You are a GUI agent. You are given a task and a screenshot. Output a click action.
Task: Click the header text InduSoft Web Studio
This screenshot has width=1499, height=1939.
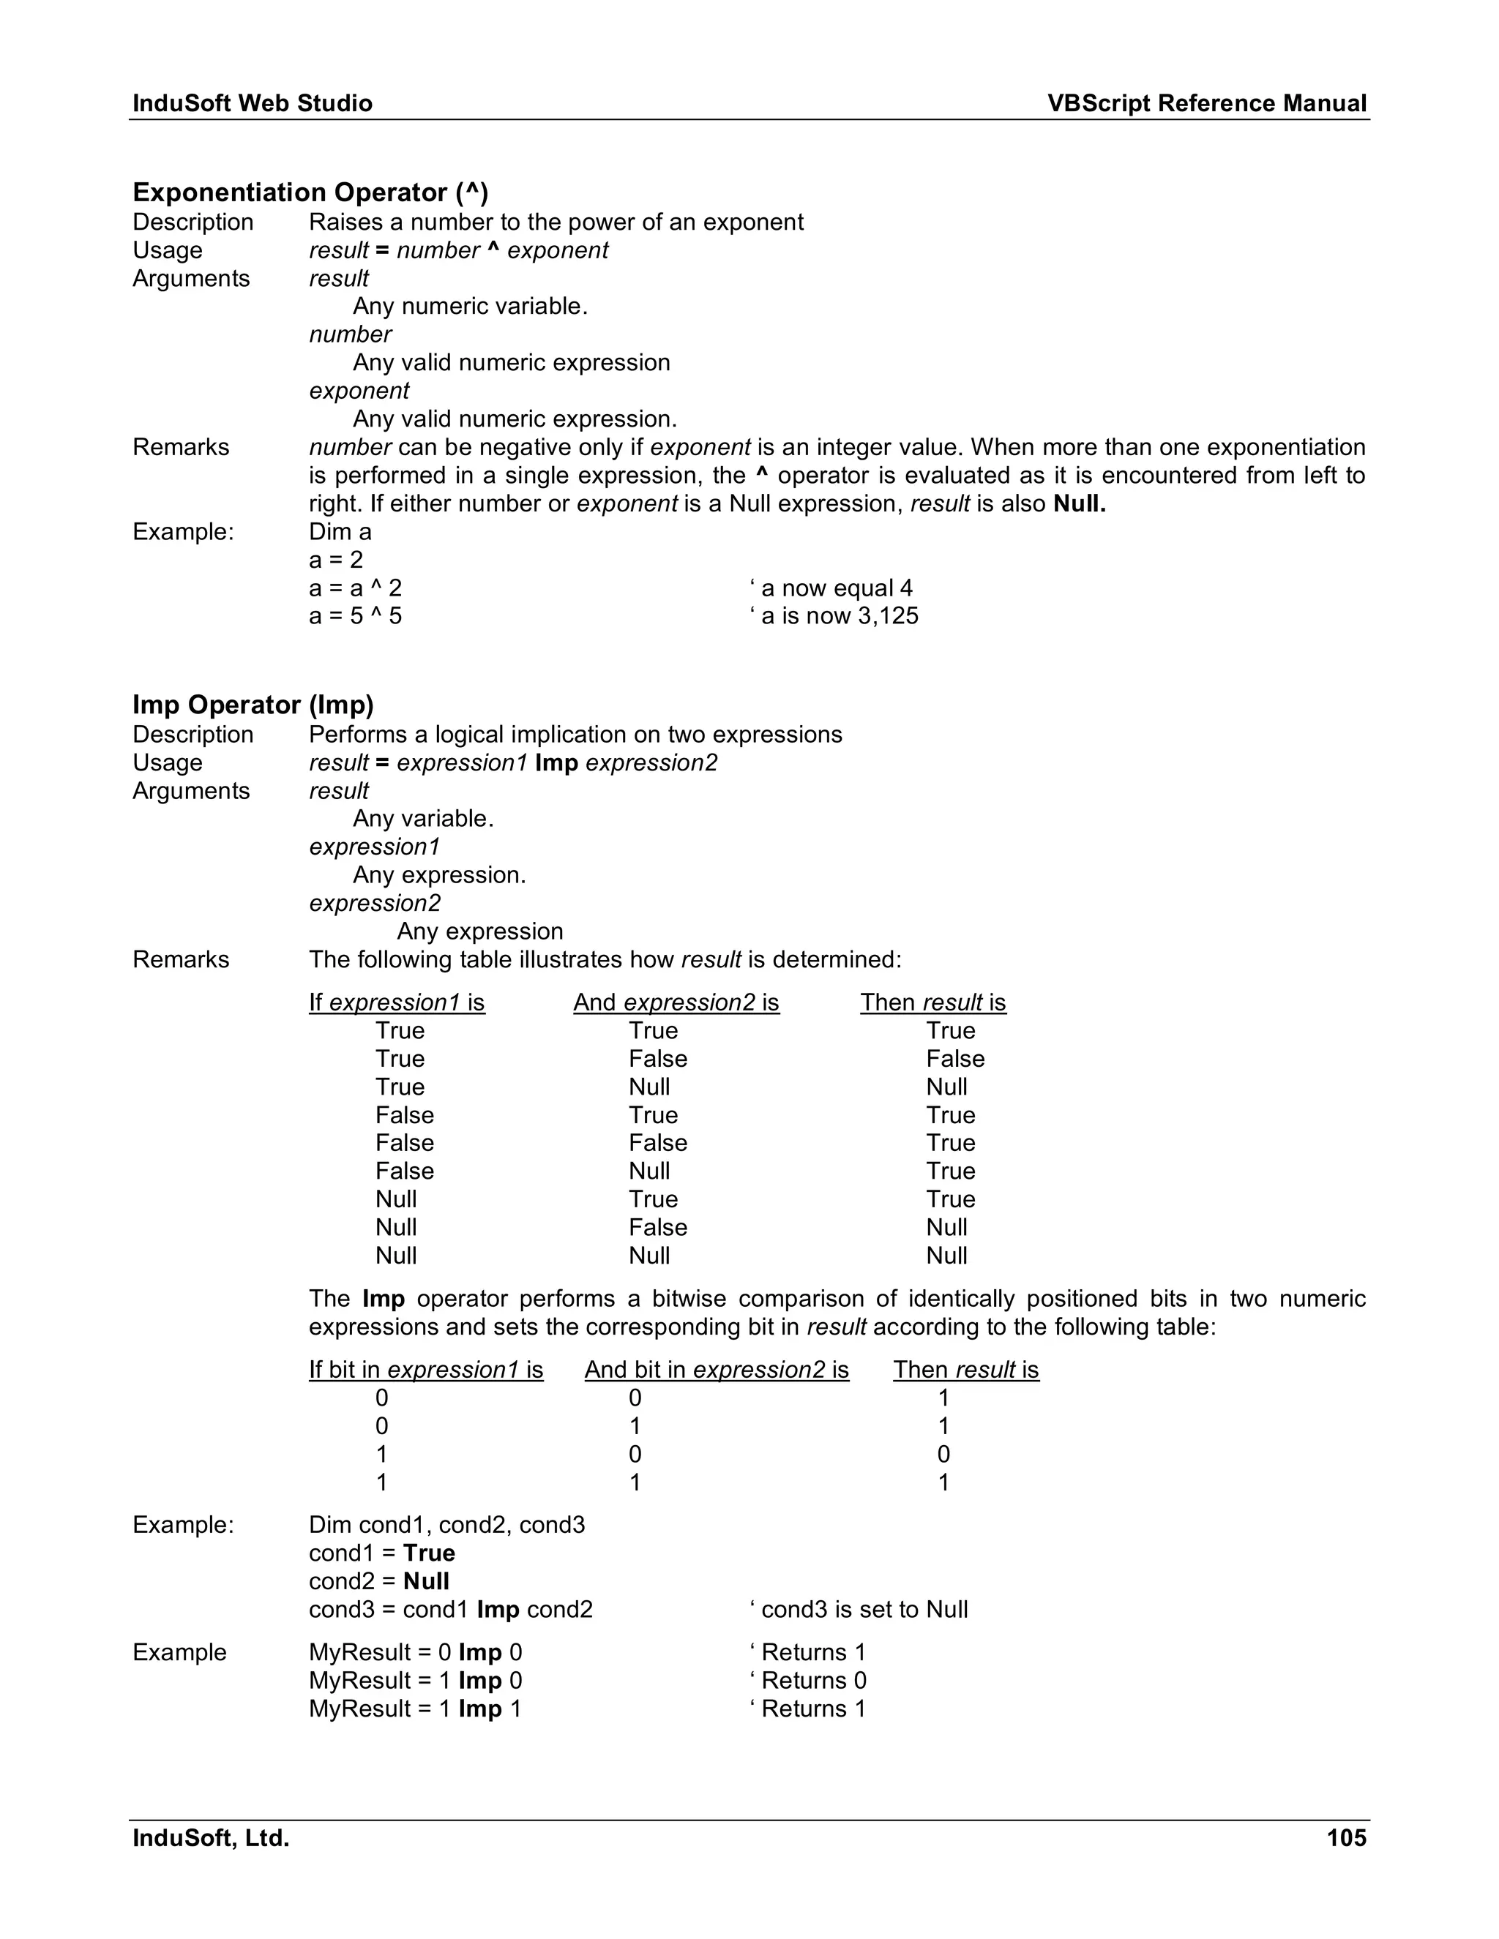point(253,104)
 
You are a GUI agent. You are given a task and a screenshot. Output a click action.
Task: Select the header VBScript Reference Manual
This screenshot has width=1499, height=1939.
point(1206,104)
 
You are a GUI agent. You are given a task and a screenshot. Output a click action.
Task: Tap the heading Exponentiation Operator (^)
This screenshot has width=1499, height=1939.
point(310,192)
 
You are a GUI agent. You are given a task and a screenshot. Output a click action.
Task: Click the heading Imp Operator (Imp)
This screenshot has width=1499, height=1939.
point(253,705)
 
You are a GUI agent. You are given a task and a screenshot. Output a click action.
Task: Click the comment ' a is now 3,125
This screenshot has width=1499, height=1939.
point(834,616)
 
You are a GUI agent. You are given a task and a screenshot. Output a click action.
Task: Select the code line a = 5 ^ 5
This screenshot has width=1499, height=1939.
point(355,616)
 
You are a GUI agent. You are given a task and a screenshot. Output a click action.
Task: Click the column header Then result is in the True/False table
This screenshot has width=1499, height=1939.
point(932,1002)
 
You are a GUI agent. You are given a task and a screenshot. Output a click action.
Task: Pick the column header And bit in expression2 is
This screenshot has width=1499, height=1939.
point(716,1370)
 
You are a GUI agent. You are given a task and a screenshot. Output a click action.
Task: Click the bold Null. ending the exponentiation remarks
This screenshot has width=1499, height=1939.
point(1079,504)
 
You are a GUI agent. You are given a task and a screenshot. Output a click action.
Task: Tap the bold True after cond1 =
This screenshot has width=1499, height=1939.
point(429,1553)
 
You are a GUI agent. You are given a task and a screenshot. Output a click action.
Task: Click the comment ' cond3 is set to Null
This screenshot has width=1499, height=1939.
point(859,1610)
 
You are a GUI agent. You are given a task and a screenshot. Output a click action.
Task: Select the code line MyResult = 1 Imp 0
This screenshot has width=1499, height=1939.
point(416,1681)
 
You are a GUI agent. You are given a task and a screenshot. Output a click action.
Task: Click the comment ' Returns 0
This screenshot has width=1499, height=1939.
point(808,1681)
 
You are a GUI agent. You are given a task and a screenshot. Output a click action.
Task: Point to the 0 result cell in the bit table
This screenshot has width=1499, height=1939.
point(943,1455)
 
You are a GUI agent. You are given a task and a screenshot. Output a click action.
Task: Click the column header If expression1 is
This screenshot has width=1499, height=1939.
point(397,1002)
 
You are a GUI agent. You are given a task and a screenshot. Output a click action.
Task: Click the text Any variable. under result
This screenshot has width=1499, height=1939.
point(423,819)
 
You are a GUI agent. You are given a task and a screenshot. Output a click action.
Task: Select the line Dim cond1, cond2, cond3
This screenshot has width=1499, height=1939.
point(446,1526)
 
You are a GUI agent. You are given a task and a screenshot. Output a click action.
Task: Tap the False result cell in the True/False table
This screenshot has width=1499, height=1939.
point(954,1059)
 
